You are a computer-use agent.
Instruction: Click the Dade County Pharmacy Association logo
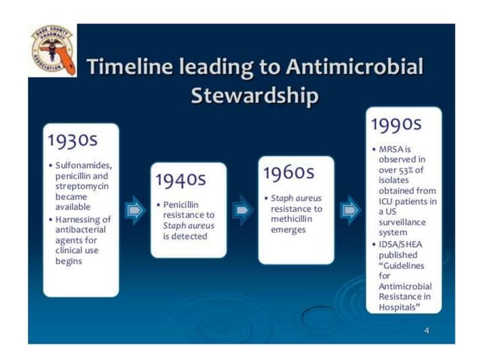point(52,50)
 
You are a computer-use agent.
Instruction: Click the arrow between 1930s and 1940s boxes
point(133,209)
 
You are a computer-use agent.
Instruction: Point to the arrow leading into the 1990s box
point(350,209)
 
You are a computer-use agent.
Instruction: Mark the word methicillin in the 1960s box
point(294,218)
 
